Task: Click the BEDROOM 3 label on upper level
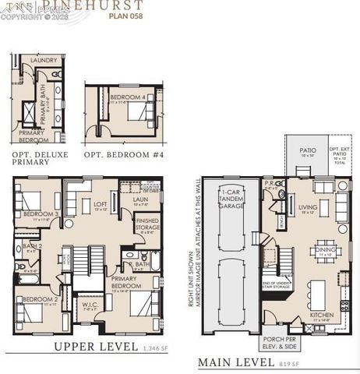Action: (40, 214)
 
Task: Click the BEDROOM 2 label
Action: (40, 300)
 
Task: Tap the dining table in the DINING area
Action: (324, 251)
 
